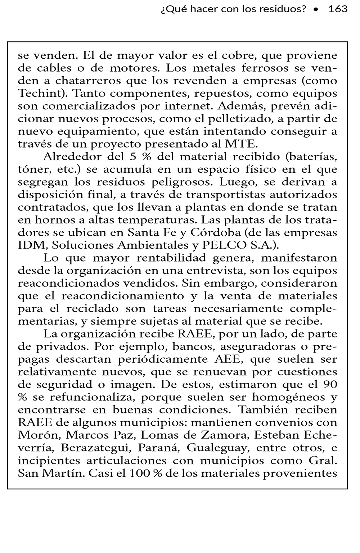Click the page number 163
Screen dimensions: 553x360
338,9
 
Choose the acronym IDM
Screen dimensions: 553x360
32,245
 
